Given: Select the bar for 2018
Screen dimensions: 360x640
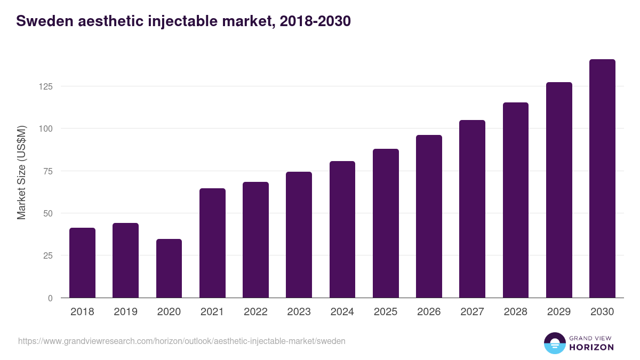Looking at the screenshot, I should click(x=82, y=263).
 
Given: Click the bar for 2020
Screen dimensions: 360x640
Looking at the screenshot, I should click(x=169, y=268).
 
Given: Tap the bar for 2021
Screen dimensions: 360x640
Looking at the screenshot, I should click(x=212, y=243).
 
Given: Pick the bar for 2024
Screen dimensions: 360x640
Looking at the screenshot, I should click(x=342, y=229).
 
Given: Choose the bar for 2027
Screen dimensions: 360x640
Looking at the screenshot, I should click(x=472, y=209).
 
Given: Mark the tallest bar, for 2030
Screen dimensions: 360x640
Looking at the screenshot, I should click(x=602, y=179).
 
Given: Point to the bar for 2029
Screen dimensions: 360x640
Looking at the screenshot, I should click(x=559, y=190).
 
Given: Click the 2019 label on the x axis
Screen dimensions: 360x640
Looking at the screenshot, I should click(x=125, y=312).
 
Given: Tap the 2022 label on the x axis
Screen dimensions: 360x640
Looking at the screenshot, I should click(x=255, y=312).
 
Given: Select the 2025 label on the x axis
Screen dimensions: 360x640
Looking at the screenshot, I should click(x=386, y=312).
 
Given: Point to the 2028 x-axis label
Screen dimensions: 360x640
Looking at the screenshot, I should click(x=515, y=312).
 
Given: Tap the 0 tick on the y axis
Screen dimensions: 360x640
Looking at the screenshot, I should click(x=50, y=298).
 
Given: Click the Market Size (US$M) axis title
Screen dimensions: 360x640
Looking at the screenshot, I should click(x=21, y=172).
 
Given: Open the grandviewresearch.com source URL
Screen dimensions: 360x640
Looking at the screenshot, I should click(x=182, y=341).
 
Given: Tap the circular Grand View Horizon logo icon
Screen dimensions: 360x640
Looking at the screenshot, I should click(x=554, y=343).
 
